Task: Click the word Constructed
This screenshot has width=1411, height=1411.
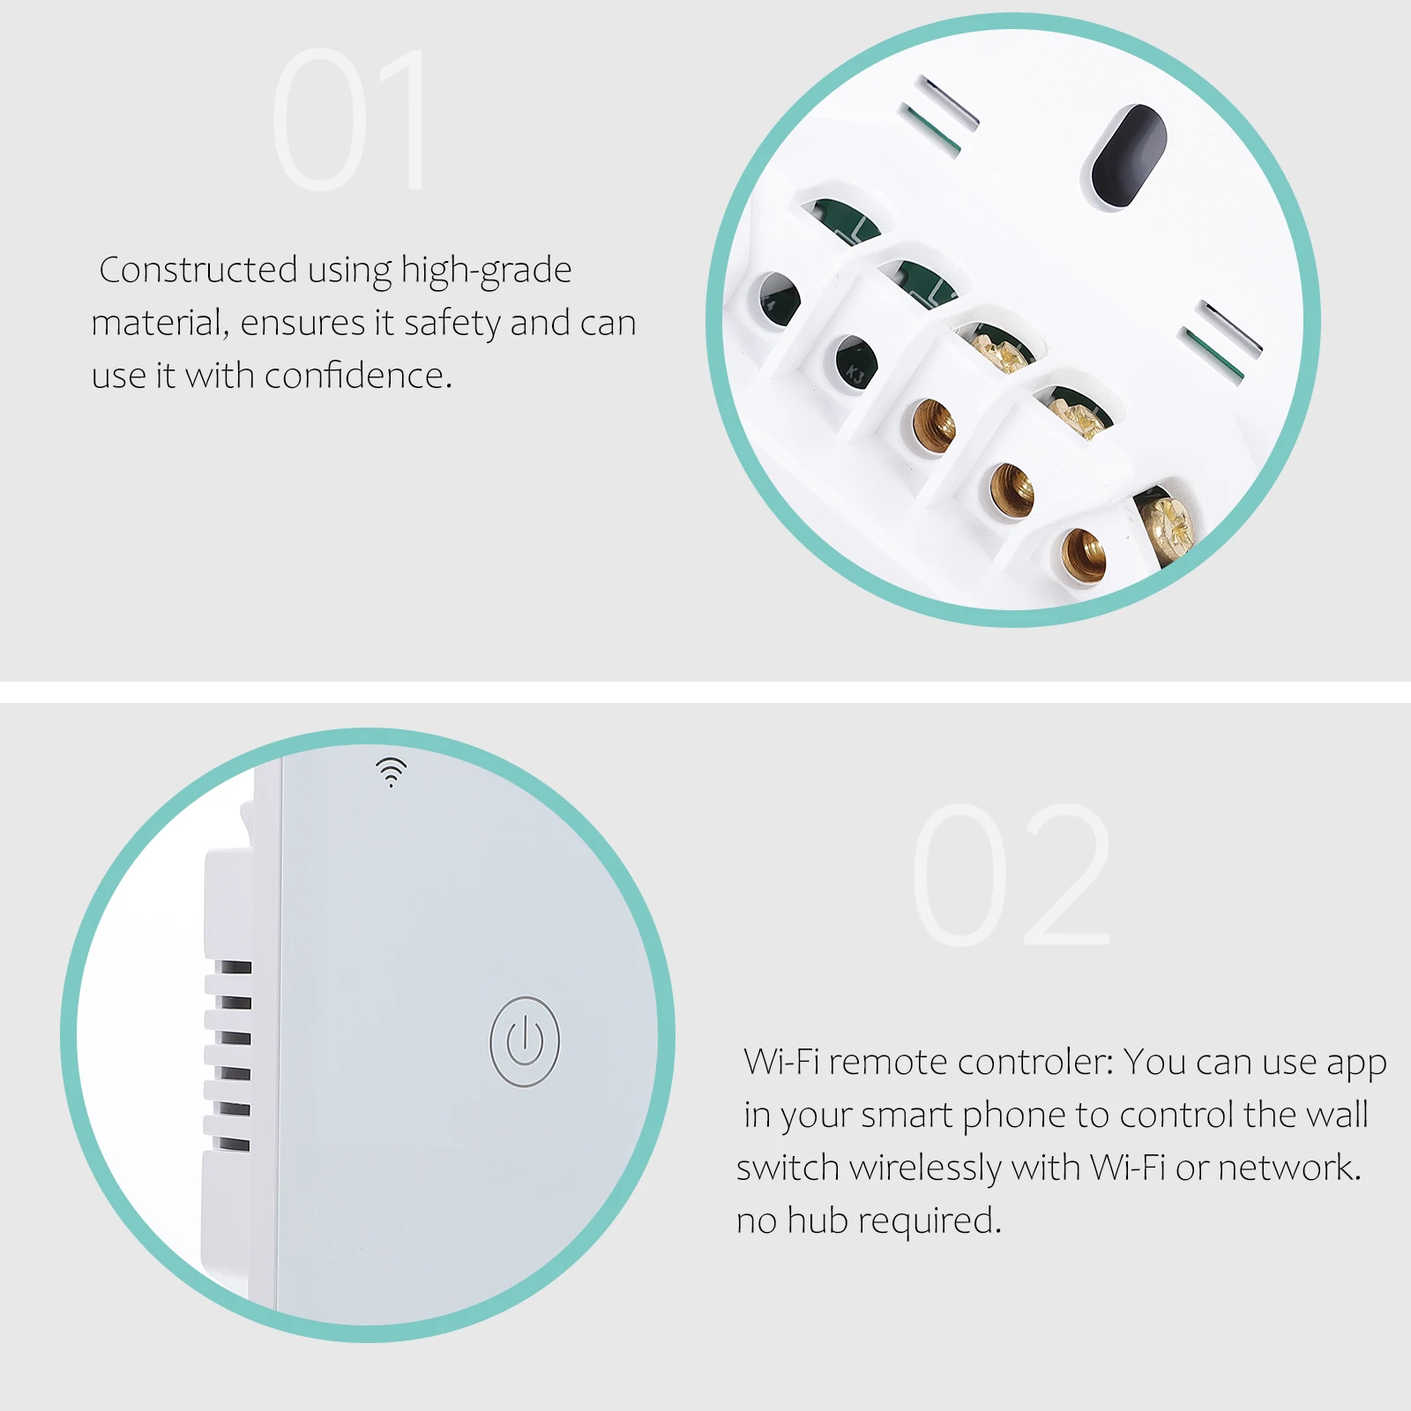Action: click(198, 270)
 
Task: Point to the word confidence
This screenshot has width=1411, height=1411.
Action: click(358, 375)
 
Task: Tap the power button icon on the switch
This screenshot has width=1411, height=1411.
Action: click(525, 1041)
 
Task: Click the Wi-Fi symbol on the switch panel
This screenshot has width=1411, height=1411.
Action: click(392, 771)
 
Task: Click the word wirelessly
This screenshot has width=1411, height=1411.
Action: click(925, 1168)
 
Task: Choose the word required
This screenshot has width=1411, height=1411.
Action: click(929, 1222)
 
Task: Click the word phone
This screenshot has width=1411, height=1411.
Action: click(1014, 1116)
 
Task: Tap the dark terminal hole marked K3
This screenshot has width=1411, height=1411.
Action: click(855, 362)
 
